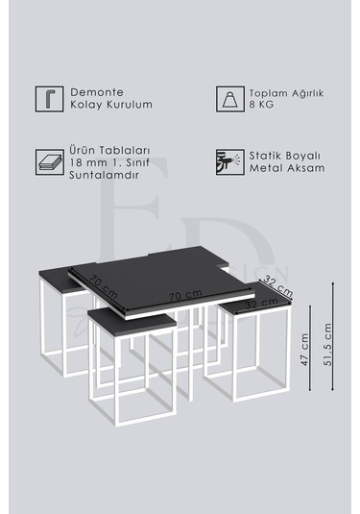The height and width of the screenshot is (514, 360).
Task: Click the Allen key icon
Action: tap(46, 98)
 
